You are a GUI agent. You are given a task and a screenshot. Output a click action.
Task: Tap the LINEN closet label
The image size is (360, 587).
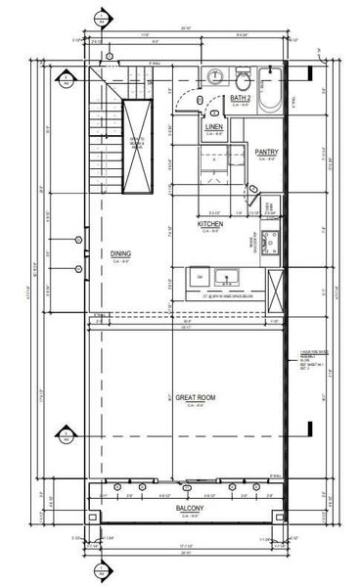(214, 128)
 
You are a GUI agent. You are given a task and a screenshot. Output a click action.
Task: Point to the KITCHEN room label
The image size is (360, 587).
(210, 224)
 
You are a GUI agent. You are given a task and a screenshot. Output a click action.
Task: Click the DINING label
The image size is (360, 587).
(120, 253)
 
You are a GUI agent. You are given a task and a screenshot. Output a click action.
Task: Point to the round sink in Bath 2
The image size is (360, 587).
(217, 77)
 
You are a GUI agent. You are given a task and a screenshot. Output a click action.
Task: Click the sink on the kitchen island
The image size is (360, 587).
(226, 276)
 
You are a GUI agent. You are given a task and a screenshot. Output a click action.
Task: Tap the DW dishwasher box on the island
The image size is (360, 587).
(199, 276)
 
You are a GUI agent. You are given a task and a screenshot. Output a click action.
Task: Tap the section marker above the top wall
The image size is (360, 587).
(99, 17)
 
